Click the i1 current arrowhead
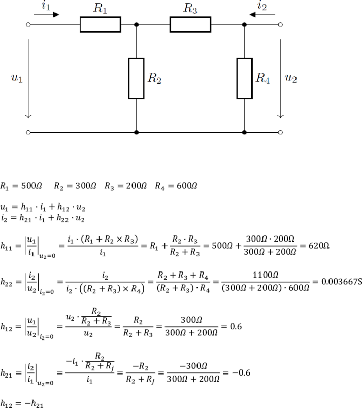(x=56, y=15)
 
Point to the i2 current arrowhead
(x=252, y=15)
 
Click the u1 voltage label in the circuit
(x=17, y=78)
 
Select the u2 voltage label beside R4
(x=291, y=78)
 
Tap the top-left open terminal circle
(x=28, y=25)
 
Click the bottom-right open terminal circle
(x=280, y=133)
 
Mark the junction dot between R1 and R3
(x=137, y=25)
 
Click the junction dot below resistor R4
(x=244, y=133)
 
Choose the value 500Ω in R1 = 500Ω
(x=31, y=186)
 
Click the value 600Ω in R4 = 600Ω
(x=187, y=186)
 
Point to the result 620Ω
(x=319, y=246)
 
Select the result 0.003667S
(x=342, y=282)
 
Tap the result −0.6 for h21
(x=241, y=372)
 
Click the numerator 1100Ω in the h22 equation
(x=266, y=275)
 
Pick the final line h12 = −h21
(x=21, y=404)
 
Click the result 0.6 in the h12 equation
(x=236, y=326)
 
